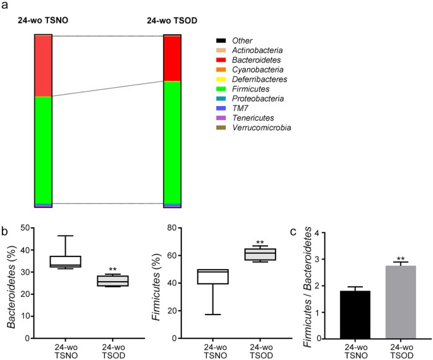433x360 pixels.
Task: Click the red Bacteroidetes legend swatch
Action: coord(221,59)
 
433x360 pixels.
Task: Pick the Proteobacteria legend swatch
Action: coord(221,99)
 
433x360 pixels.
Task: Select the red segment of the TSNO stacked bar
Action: coord(43,66)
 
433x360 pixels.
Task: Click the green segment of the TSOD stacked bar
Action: coord(172,142)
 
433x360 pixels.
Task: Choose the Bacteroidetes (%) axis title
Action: coord(11,281)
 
